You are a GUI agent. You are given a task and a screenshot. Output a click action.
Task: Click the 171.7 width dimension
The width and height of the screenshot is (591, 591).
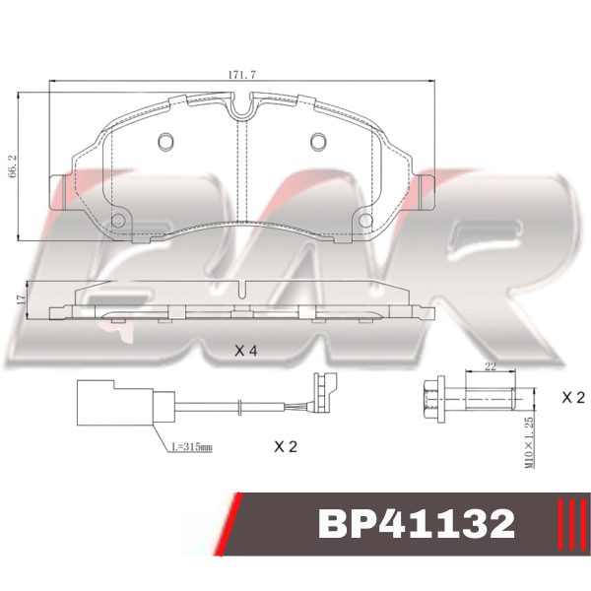[x=242, y=75]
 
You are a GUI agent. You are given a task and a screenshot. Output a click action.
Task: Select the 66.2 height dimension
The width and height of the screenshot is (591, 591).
[x=12, y=165]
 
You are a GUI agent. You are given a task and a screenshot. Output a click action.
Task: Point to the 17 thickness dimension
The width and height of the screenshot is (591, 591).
[x=21, y=299]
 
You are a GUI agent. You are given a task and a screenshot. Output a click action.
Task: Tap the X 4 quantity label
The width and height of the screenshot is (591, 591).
[x=245, y=351]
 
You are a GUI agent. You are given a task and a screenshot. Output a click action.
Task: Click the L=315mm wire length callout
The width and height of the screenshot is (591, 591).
[x=192, y=447]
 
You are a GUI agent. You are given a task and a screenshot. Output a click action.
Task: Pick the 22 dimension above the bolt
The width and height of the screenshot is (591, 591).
[x=491, y=366]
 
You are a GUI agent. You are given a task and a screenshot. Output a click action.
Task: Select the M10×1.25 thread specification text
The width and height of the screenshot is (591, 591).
[x=530, y=442]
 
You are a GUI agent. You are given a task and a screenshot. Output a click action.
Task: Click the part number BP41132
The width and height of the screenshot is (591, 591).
[x=417, y=524]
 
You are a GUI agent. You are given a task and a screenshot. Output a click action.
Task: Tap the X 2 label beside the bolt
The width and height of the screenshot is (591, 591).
[x=573, y=397]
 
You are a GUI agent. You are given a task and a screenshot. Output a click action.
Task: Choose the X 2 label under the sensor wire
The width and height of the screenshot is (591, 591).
[x=286, y=446]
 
